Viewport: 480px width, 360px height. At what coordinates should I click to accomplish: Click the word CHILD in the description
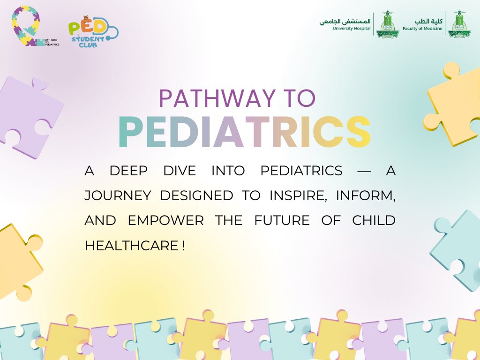tap(374, 220)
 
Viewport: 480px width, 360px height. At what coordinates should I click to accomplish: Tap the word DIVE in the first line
tap(179, 171)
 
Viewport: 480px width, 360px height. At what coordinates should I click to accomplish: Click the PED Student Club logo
tap(92, 33)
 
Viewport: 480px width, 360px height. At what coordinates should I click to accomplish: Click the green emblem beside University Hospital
tap(387, 25)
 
